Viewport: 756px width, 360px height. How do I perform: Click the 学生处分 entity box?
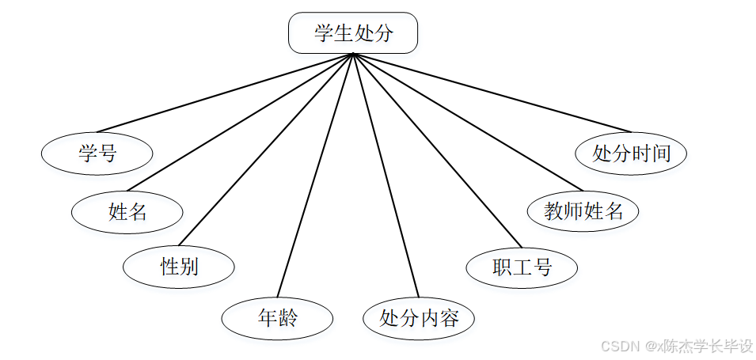click(353, 33)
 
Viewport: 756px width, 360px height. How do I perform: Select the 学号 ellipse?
click(97, 153)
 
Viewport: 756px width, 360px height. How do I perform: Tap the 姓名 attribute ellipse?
click(127, 211)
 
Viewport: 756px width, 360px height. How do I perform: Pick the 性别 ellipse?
click(179, 267)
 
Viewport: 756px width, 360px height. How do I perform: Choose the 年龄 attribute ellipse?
click(277, 318)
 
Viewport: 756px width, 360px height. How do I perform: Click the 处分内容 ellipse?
click(419, 318)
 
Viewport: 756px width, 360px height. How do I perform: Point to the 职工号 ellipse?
click(522, 267)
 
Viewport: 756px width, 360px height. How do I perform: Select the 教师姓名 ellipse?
click(583, 211)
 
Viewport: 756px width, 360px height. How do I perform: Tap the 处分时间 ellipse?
click(631, 153)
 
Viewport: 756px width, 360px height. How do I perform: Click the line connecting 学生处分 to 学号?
click(224, 93)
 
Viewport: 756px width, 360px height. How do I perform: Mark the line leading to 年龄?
click(315, 174)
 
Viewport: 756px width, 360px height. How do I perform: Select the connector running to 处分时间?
click(492, 93)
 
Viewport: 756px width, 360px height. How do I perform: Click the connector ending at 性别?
click(266, 150)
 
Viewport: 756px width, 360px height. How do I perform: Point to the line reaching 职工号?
click(438, 150)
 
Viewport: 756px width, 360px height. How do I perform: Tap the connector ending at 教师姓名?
click(468, 123)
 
